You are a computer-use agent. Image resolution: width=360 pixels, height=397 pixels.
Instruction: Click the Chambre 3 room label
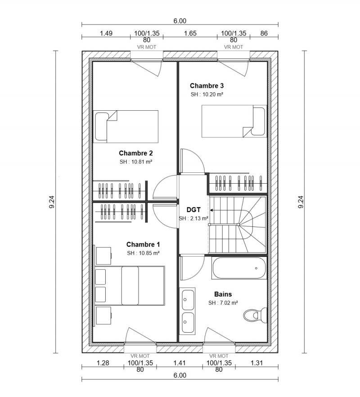click(207, 86)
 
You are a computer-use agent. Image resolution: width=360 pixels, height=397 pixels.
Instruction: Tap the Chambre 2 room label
click(136, 153)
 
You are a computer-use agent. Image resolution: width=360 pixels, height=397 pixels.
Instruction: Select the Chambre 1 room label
click(143, 244)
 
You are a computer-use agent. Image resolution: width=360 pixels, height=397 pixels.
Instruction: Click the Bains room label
click(223, 294)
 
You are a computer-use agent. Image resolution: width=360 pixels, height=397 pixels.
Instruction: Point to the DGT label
click(193, 210)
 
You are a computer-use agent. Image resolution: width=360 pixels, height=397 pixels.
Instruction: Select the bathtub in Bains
click(238, 268)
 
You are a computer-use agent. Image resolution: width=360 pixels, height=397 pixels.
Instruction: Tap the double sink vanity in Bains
click(188, 308)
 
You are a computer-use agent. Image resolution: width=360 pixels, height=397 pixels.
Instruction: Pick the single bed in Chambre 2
click(126, 126)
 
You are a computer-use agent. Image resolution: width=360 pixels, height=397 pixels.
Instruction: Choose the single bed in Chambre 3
click(233, 121)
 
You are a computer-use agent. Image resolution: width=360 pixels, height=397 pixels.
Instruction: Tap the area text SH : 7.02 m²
click(223, 303)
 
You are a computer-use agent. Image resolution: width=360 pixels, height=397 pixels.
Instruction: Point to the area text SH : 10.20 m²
click(207, 95)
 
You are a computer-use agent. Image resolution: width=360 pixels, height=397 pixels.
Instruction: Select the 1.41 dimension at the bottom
click(179, 363)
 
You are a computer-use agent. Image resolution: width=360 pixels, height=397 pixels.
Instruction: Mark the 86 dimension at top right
click(264, 33)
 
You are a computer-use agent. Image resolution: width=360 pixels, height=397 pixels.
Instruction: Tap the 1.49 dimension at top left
click(106, 33)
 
